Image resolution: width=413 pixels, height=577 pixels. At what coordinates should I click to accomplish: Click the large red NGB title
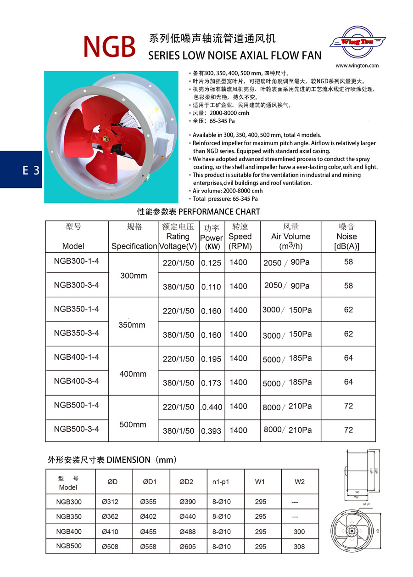click(x=109, y=46)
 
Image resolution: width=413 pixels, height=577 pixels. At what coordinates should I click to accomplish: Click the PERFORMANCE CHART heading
click(x=199, y=212)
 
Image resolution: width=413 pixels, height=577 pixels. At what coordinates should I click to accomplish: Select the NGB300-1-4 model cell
click(x=77, y=261)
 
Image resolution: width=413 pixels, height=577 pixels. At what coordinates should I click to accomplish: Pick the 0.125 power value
click(x=211, y=263)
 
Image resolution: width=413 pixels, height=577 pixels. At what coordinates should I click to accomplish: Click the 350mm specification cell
click(x=132, y=325)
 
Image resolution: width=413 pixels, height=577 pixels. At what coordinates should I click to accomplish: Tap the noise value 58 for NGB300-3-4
click(x=348, y=286)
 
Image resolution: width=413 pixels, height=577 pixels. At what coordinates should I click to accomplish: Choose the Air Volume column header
click(x=290, y=237)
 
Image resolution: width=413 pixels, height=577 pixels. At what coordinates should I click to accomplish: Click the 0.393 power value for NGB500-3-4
click(x=211, y=431)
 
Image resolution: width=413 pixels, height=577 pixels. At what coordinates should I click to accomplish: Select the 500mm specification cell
click(x=133, y=424)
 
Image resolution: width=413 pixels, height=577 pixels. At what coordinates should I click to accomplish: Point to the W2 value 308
click(x=299, y=547)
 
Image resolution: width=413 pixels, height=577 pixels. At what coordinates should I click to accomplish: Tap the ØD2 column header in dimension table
click(x=186, y=482)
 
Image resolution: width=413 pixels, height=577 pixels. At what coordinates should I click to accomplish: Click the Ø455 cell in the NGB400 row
click(x=150, y=532)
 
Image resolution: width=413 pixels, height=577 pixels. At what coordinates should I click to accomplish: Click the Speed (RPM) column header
click(x=240, y=237)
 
